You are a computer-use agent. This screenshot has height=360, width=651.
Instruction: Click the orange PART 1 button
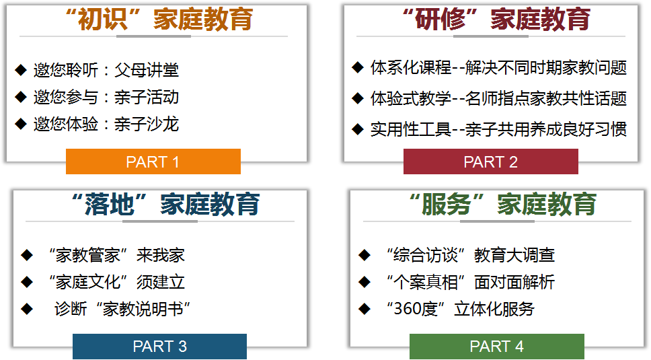click(x=153, y=161)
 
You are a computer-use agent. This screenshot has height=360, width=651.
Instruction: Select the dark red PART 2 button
click(x=490, y=161)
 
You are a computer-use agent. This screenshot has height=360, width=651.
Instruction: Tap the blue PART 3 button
click(x=159, y=347)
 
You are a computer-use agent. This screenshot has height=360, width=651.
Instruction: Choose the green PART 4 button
click(x=496, y=347)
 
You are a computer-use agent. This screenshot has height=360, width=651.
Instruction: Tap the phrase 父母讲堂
click(x=147, y=70)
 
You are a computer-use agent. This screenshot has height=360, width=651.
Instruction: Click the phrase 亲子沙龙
click(x=147, y=124)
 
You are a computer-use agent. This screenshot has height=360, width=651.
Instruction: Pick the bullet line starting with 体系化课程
click(x=498, y=67)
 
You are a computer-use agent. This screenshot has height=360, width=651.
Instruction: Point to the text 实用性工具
click(x=410, y=129)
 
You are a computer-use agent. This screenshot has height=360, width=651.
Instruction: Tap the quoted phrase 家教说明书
click(x=144, y=310)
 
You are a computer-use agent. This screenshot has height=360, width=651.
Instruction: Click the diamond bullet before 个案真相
click(x=365, y=282)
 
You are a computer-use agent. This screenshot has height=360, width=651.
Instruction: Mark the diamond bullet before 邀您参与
click(x=21, y=97)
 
